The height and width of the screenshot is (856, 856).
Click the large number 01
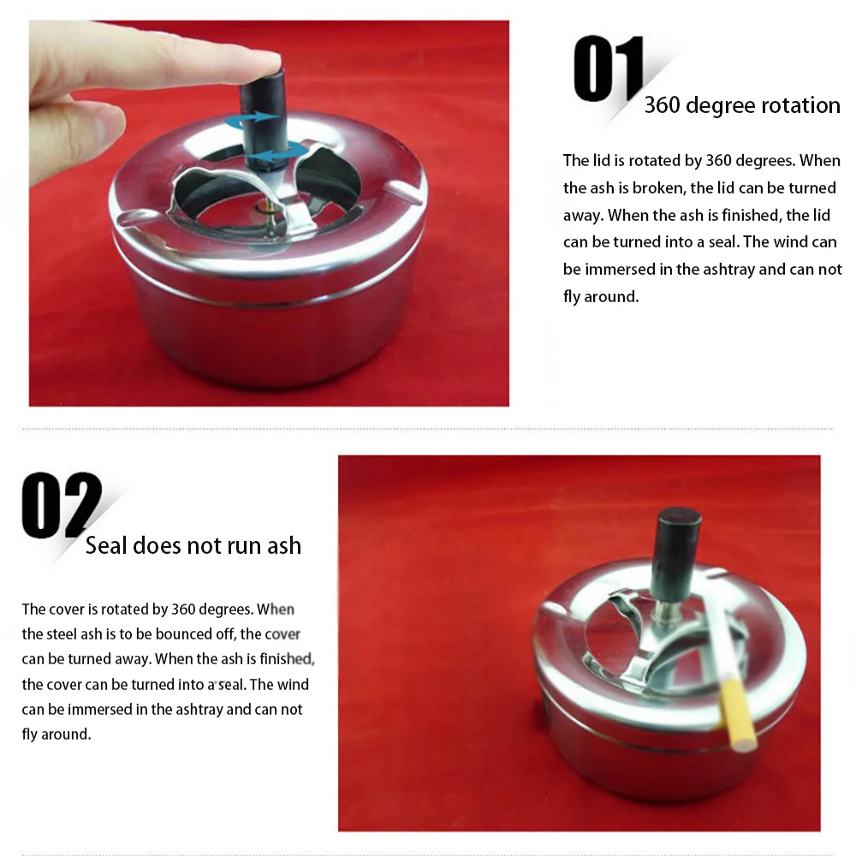609,68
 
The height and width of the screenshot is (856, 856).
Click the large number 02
62,505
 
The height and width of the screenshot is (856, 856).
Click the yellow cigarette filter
739,716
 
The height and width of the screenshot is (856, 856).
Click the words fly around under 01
601,297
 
